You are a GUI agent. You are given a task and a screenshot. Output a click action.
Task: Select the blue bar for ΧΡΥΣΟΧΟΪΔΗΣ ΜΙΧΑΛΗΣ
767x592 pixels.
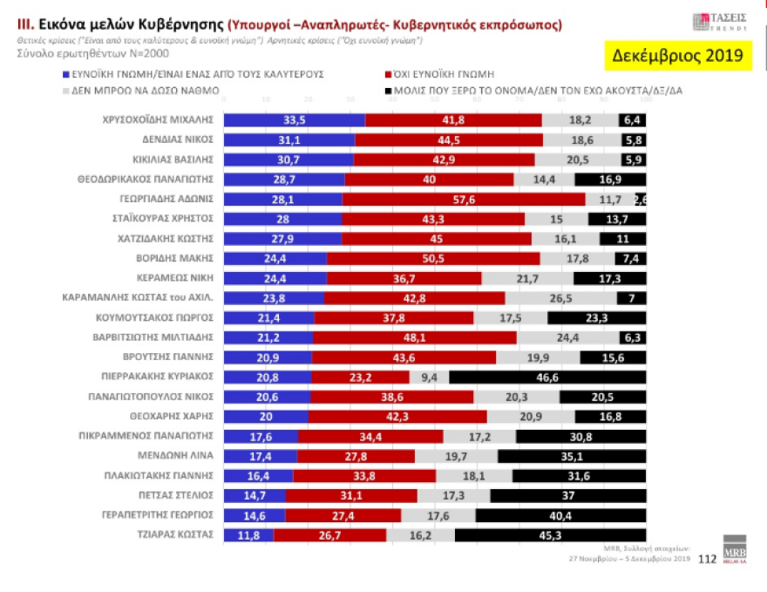[294, 120]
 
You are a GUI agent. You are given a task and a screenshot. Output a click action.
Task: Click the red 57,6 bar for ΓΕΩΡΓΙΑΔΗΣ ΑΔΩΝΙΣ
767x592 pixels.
[463, 199]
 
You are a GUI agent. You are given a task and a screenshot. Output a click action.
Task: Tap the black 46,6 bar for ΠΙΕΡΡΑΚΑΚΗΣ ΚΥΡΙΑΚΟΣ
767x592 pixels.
[547, 377]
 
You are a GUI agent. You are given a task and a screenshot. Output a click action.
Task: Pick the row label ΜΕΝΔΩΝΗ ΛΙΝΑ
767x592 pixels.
[185, 456]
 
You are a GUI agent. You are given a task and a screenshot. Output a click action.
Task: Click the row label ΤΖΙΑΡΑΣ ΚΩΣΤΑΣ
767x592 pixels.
[178, 534]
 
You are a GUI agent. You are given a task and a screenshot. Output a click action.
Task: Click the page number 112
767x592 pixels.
[708, 560]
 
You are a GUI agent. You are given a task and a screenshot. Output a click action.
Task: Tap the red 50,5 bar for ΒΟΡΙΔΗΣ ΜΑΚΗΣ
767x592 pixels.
[432, 258]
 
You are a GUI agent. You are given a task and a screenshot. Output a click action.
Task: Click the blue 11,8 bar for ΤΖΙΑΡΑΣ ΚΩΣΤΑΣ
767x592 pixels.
[248, 535]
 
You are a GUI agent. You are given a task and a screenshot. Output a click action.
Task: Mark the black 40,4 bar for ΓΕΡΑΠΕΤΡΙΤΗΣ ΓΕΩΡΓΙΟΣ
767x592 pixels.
[561, 515]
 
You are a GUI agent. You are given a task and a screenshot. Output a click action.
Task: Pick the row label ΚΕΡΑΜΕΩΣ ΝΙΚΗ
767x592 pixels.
[176, 278]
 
